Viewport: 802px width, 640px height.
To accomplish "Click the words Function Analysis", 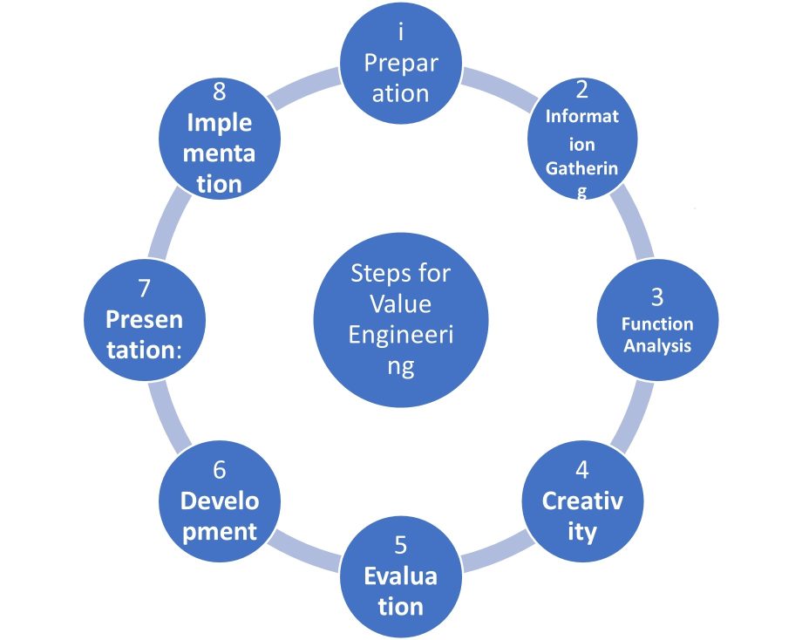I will coord(657,335).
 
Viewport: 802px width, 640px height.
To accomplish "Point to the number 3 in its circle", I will coord(657,296).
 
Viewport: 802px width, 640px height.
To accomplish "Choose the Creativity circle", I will coord(581,502).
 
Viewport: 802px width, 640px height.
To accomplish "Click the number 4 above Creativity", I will coord(581,470).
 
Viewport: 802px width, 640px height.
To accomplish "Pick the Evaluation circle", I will coord(400,575).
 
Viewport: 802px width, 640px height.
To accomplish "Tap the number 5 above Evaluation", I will coord(400,545).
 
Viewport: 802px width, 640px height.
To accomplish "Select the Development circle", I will coord(220,502).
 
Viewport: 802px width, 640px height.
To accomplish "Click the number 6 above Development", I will coord(220,470).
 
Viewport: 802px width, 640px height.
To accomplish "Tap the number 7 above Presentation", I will coord(145,289).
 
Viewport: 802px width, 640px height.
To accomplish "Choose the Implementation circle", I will coord(220,138).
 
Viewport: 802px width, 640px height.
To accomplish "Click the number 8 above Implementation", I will coord(220,90).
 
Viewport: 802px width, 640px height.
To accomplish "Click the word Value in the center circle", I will coord(400,304).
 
